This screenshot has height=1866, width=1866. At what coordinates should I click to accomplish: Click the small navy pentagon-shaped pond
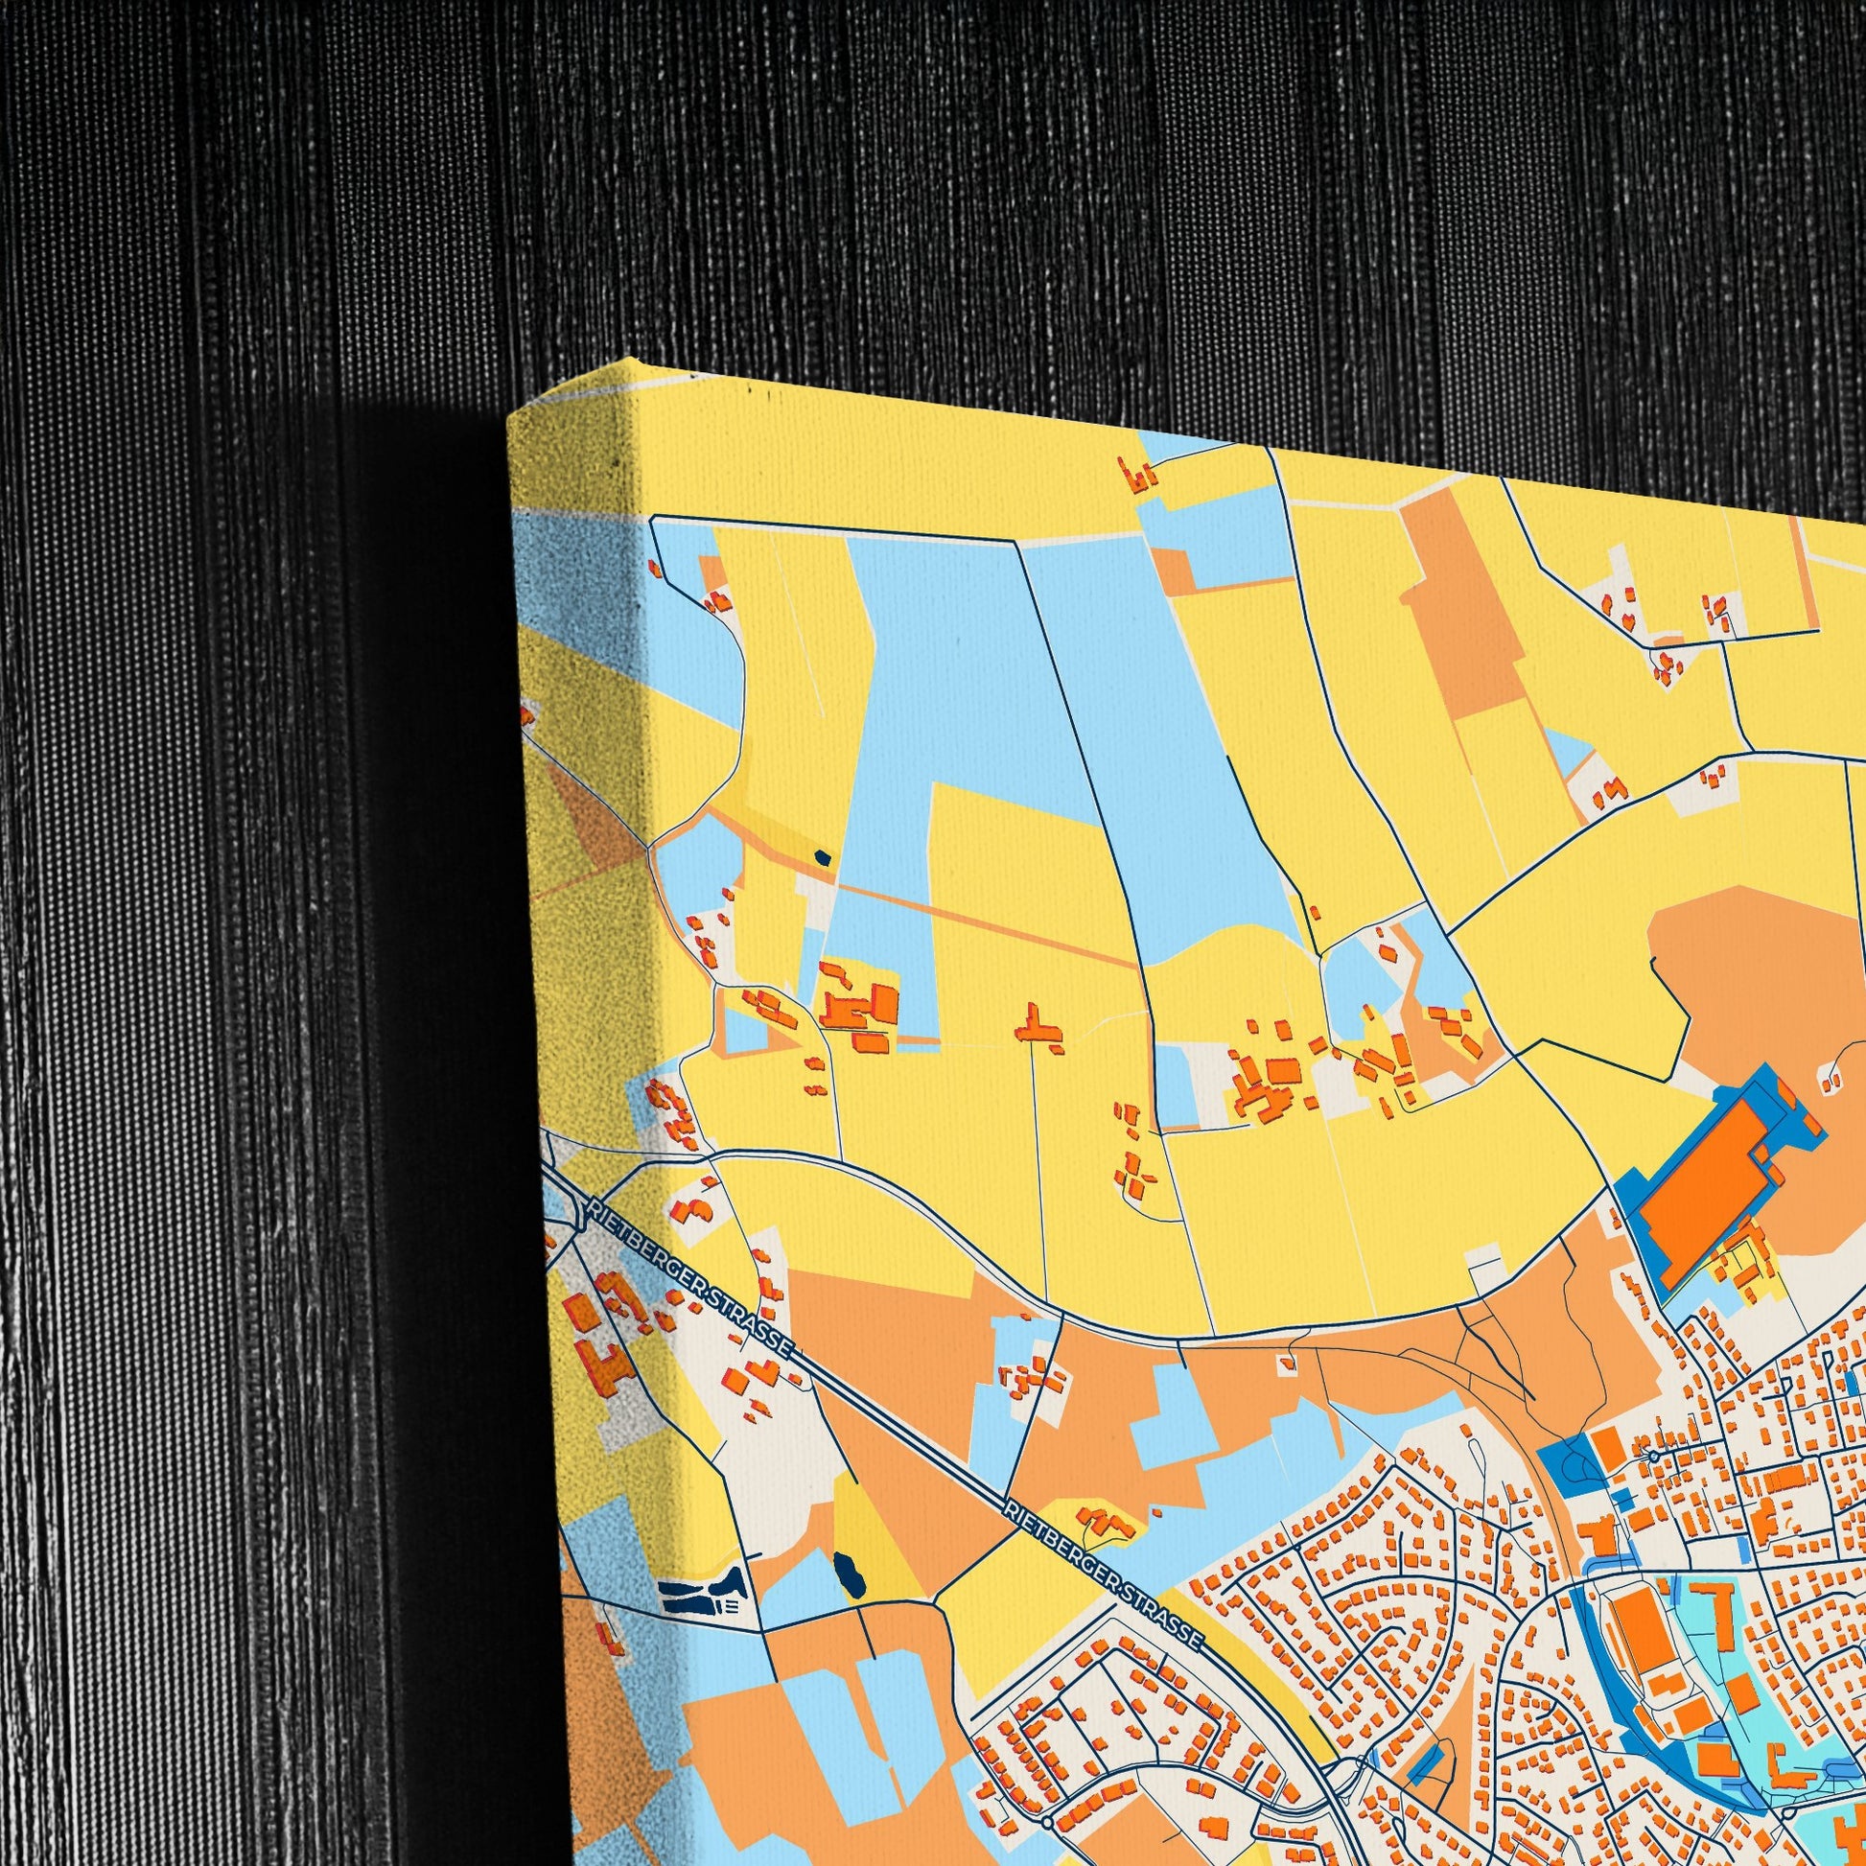822,856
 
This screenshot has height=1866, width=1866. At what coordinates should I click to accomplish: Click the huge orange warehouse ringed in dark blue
1704,1186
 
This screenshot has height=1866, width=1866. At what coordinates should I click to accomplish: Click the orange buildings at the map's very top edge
1138,475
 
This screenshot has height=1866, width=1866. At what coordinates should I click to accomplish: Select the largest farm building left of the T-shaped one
884,1002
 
